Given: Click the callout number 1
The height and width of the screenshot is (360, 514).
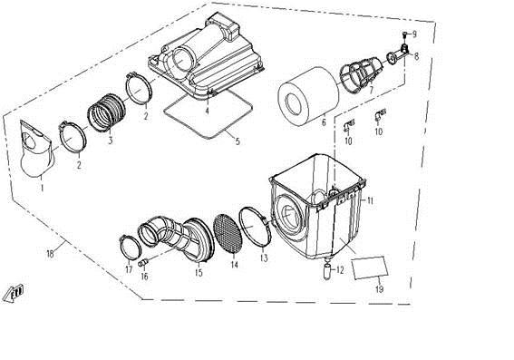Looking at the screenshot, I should [40, 187].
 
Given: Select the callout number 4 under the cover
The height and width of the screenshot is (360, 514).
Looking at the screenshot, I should [207, 112].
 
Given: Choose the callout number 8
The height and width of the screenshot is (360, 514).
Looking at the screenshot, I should [416, 56].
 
